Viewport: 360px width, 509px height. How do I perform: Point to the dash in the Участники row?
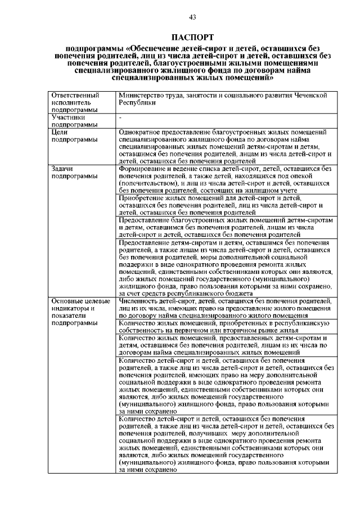click(x=120, y=118)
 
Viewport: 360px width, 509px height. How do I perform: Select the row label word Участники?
click(x=67, y=118)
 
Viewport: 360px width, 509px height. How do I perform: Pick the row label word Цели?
click(x=60, y=132)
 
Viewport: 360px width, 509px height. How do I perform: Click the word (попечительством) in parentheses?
click(x=149, y=183)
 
